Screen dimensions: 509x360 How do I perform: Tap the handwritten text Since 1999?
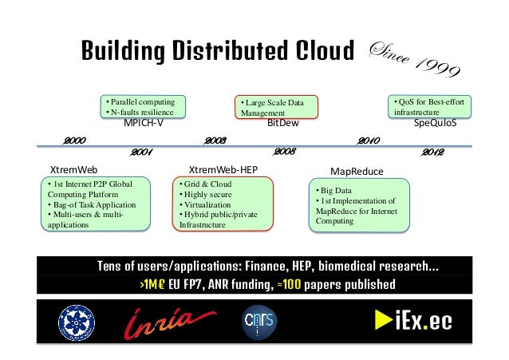click(415, 60)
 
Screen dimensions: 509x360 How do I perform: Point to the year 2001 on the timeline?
click(141, 151)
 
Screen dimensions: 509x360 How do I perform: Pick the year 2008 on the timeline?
click(285, 151)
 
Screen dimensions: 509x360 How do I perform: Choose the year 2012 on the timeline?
click(432, 151)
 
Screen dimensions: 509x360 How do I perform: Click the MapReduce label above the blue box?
click(357, 171)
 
